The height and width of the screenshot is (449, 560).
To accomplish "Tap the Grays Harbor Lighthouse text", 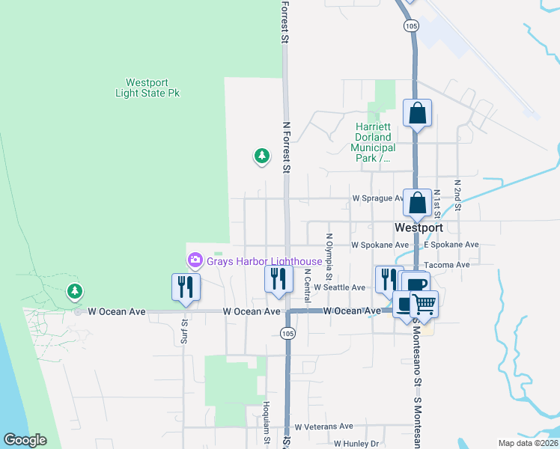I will [x=264, y=261].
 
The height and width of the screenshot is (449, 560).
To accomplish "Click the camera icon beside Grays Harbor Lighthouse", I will [x=195, y=260].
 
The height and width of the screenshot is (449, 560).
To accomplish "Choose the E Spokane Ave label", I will [x=451, y=245].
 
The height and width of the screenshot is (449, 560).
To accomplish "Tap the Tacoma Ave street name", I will [x=446, y=265].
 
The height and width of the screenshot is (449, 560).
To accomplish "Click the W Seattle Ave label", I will [x=340, y=287].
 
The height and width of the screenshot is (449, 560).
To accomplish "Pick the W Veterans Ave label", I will [x=323, y=427].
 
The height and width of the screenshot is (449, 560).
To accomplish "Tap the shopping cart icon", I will [x=424, y=303].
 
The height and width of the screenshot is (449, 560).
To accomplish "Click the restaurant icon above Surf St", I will [x=184, y=287].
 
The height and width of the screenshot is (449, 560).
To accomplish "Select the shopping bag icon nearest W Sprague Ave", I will [x=417, y=202].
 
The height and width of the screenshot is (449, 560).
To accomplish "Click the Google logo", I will [x=25, y=440].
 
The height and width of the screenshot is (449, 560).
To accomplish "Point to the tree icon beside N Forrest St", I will [x=261, y=156].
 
